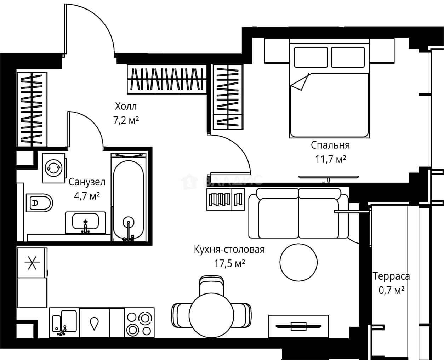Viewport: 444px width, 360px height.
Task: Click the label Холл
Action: coord(126,107)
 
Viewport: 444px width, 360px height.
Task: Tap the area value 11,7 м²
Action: coord(330,160)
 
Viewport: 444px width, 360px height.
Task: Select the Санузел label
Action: coord(87,182)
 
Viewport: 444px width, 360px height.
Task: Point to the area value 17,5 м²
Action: coord(229,264)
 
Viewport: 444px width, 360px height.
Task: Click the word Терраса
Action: coord(391,276)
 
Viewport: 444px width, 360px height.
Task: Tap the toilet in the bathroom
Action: coord(39,203)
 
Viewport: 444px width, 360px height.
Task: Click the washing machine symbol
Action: coord(53,168)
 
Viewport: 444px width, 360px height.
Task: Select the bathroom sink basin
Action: coord(85,221)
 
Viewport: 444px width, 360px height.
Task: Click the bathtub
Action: coord(129,197)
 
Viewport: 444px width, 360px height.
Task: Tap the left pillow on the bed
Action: coord(311,57)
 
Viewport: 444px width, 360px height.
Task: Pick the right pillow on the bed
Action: coord(348,57)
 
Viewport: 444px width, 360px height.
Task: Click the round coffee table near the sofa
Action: coord(298,263)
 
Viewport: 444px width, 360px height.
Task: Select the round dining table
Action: coord(211,315)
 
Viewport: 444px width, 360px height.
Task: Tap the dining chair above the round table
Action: coord(211,286)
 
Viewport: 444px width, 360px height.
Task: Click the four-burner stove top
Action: coord(139,323)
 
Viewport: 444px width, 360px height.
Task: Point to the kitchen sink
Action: coord(64,323)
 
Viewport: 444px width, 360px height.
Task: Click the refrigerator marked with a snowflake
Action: coord(32,263)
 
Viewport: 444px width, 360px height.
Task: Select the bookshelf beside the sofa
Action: coord(226,199)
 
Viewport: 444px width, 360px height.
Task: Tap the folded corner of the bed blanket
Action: coord(300,82)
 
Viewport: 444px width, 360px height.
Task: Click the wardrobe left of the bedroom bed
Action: coord(228,97)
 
